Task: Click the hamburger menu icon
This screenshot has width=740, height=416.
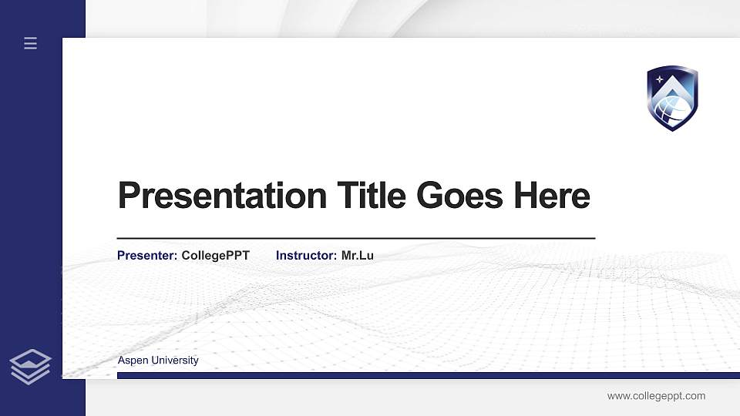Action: tap(30, 43)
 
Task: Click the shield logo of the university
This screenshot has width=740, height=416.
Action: tap(672, 98)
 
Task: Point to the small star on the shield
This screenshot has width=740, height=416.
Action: tap(659, 79)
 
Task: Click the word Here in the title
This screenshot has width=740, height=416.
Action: tap(552, 196)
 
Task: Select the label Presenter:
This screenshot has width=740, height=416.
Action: tap(147, 255)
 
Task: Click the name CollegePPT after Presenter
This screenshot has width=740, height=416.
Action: tap(215, 255)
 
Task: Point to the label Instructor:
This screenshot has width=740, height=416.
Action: tap(306, 255)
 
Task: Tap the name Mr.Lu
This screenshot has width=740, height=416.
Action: tap(357, 255)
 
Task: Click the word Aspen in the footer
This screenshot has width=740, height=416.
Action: tap(132, 361)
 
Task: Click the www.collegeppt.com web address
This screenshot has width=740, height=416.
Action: tap(656, 396)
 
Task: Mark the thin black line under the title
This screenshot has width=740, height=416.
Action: tap(355, 239)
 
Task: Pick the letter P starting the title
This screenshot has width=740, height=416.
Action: tap(127, 196)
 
